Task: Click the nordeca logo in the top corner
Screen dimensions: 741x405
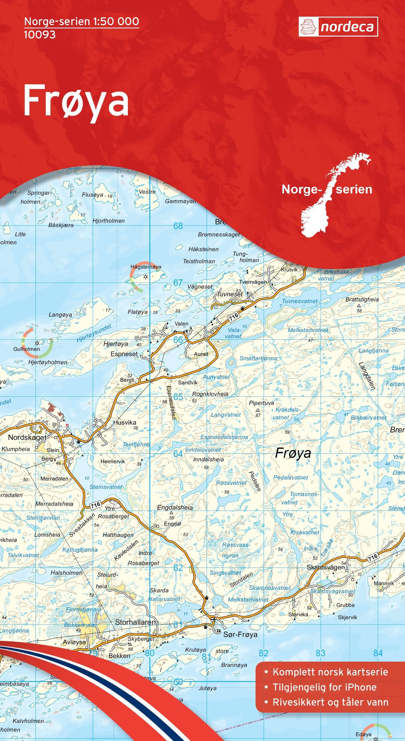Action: tap(338, 27)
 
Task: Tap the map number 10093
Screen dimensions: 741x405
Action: tap(40, 35)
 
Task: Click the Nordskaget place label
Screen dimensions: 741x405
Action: tap(27, 438)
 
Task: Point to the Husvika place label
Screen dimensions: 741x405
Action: tap(124, 422)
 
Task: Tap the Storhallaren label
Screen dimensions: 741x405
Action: tap(135, 622)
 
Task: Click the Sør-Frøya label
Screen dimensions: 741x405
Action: tap(240, 635)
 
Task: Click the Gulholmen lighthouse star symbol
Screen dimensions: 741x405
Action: tap(37, 343)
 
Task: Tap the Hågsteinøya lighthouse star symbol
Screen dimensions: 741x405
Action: tap(146, 277)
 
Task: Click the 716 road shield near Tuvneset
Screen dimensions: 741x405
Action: tap(234, 316)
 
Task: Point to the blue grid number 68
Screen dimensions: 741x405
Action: tap(178, 226)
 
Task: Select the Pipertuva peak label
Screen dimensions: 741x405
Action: tap(261, 403)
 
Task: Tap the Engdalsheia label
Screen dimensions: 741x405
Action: tap(175, 507)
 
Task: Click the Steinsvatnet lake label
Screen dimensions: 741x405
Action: tap(106, 487)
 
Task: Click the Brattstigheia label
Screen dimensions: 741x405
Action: tap(362, 299)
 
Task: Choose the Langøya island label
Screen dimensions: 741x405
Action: tap(60, 315)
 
